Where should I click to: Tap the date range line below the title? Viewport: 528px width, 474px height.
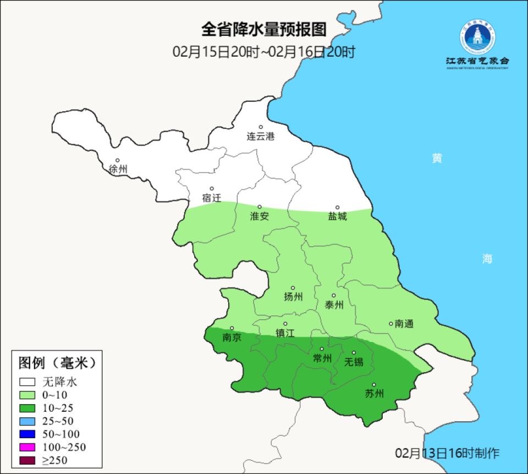(x=264, y=52)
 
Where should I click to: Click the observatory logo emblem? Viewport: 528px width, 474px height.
(x=477, y=37)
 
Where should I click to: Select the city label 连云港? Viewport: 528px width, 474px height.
(x=261, y=137)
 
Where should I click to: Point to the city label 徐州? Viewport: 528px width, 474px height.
(x=118, y=170)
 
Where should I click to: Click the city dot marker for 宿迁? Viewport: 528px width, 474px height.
(x=211, y=188)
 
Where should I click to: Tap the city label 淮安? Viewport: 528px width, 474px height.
(x=260, y=216)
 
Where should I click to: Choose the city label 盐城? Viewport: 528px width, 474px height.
(x=338, y=216)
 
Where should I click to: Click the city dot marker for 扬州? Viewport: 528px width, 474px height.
(x=293, y=287)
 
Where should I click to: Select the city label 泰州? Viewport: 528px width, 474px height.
(x=334, y=305)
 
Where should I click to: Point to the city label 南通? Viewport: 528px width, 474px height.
(x=404, y=324)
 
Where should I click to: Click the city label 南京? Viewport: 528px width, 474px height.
(x=232, y=337)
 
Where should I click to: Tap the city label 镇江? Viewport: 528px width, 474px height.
(x=285, y=333)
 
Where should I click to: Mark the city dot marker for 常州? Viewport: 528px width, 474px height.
(x=322, y=348)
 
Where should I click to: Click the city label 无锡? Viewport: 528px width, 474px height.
(x=354, y=362)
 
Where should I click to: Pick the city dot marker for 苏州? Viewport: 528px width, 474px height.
(x=374, y=385)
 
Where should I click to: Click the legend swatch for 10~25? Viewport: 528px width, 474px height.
(x=28, y=408)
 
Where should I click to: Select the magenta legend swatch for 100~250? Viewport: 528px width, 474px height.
(x=28, y=447)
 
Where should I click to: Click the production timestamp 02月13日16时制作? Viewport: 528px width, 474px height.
(x=447, y=453)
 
